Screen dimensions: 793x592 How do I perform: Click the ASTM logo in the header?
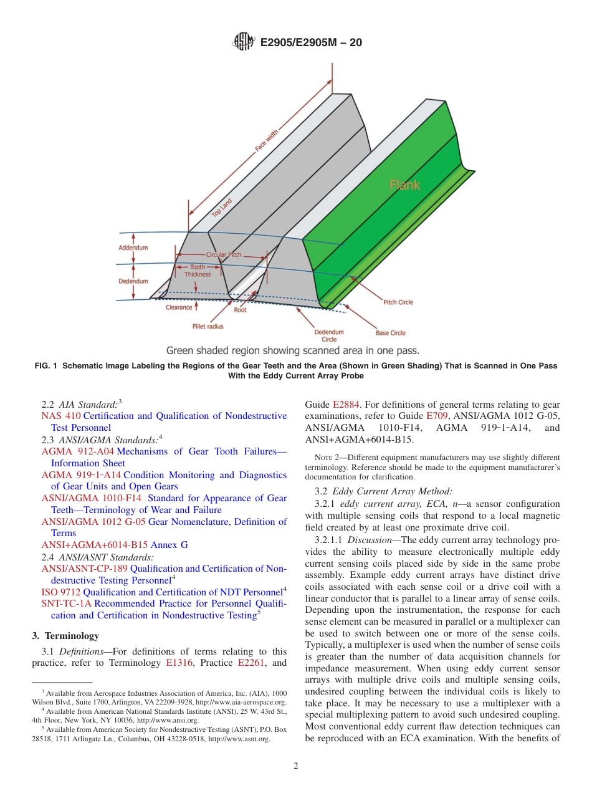242,42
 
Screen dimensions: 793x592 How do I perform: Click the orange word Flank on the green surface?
404,185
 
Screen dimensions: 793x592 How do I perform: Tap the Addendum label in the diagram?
133,248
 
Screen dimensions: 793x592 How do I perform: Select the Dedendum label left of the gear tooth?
133,281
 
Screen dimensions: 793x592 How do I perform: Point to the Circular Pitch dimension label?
224,255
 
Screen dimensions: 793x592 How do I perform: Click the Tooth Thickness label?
198,271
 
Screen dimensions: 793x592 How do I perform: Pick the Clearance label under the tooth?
179,307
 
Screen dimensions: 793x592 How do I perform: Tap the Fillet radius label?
208,326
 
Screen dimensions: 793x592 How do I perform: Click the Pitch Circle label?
398,302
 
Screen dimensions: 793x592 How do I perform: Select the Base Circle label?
391,333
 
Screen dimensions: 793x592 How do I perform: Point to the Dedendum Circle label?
329,335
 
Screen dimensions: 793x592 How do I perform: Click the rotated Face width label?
267,140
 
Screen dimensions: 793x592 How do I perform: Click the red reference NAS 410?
60,416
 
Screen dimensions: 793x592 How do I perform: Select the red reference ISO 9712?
60,592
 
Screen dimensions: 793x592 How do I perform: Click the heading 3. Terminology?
65,636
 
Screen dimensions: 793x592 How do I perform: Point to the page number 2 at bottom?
296,766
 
